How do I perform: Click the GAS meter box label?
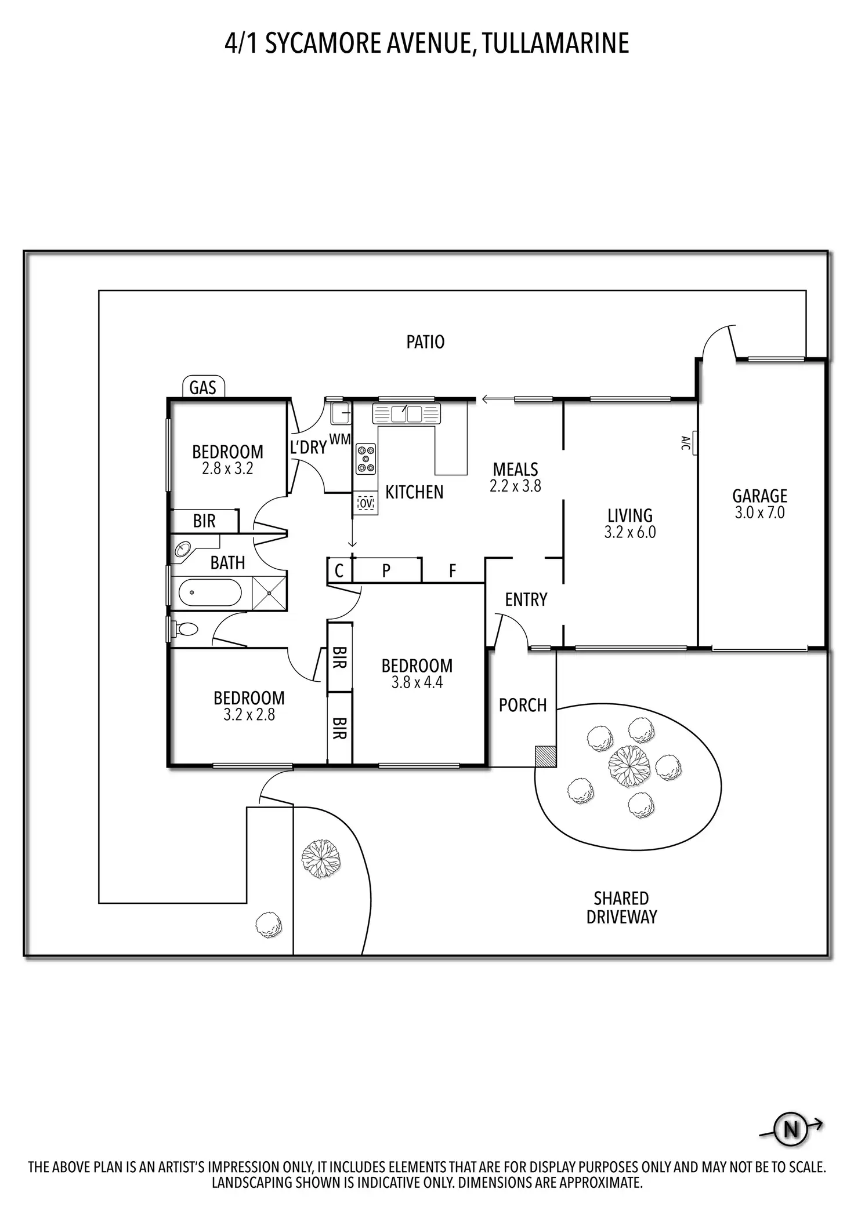click(203, 387)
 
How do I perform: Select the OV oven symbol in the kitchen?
click(366, 503)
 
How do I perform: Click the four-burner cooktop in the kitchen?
click(366, 459)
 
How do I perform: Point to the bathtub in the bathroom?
click(210, 593)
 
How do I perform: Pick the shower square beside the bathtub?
click(270, 593)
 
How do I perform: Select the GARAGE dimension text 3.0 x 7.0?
click(759, 512)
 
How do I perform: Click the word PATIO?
click(425, 342)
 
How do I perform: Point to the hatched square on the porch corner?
click(545, 756)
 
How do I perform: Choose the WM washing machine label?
click(340, 439)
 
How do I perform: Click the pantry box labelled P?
click(387, 570)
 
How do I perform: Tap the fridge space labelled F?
click(453, 571)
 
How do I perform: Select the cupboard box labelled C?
click(339, 570)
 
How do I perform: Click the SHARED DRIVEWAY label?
click(621, 907)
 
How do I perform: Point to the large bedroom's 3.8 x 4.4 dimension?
click(417, 682)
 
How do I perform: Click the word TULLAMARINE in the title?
click(555, 43)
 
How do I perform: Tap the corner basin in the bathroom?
click(183, 549)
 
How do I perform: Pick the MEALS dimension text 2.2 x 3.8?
click(515, 486)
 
